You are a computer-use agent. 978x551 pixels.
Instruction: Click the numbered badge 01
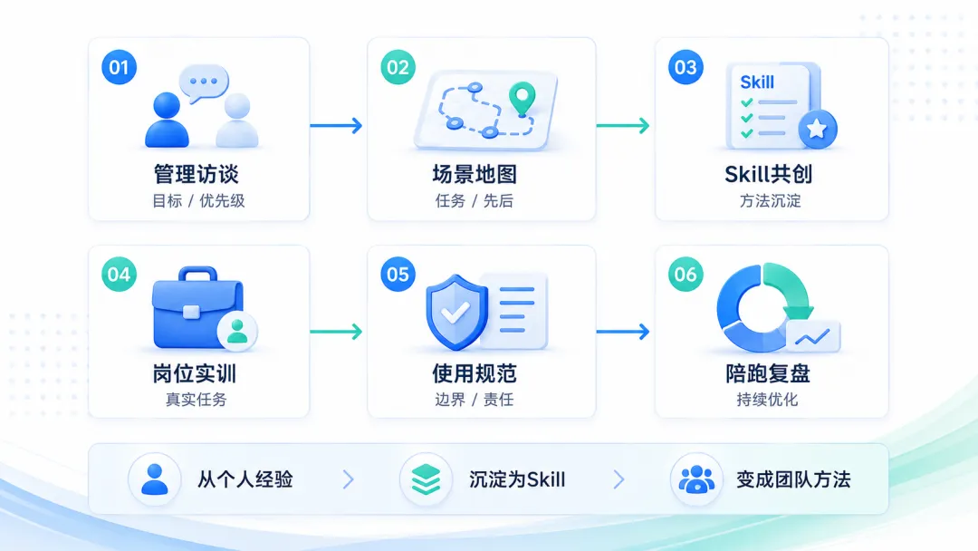point(120,67)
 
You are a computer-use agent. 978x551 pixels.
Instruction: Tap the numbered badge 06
point(686,274)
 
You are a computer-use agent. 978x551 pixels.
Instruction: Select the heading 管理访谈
point(197,174)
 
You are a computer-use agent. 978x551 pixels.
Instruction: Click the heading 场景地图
point(475,174)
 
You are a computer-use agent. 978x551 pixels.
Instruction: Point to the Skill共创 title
point(769,174)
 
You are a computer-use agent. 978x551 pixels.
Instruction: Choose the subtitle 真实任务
point(196,400)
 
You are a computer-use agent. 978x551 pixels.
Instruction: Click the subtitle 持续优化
point(767,400)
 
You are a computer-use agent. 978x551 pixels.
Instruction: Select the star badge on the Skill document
point(817,130)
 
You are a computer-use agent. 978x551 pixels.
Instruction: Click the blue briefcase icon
point(197,307)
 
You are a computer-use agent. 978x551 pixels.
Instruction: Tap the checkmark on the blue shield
point(455,312)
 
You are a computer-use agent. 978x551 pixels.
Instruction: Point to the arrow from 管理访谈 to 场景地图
point(336,125)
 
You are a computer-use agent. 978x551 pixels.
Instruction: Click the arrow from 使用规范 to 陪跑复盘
point(622,332)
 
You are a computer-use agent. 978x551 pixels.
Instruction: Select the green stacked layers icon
point(426,479)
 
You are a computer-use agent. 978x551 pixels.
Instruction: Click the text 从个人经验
point(245,479)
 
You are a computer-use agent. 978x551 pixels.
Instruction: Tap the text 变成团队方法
point(793,479)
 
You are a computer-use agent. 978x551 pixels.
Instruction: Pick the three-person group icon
point(696,479)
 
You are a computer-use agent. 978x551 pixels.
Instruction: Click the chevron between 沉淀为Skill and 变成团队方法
point(618,479)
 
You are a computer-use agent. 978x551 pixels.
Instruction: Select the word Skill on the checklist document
point(756,82)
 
